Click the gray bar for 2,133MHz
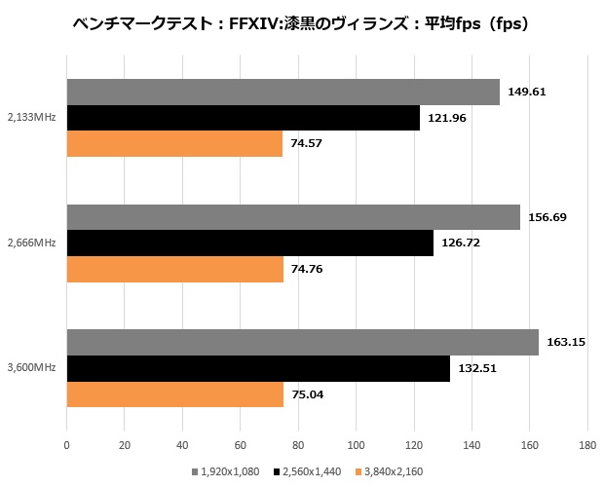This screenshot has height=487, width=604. click(x=283, y=93)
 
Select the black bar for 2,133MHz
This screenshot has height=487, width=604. click(x=243, y=118)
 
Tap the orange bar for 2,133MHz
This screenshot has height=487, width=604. click(x=174, y=143)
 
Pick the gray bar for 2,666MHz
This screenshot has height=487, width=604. click(x=293, y=217)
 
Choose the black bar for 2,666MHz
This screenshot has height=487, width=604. click(x=249, y=243)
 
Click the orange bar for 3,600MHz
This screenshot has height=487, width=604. click(x=175, y=394)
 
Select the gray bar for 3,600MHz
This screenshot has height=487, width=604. click(x=302, y=343)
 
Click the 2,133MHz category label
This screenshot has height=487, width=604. click(x=30, y=118)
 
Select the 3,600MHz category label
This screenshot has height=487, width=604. click(x=30, y=368)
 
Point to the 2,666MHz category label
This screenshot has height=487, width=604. click(x=30, y=243)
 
